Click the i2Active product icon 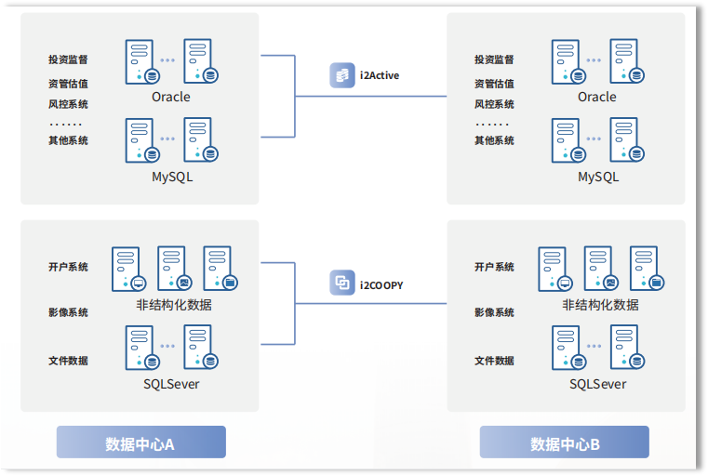click(341, 75)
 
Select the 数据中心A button click(140, 443)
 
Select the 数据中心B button click(565, 443)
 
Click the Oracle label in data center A click(170, 97)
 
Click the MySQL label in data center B click(597, 177)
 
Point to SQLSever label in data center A click(171, 383)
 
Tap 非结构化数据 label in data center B click(600, 304)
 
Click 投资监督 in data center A click(68, 59)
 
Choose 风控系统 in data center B click(494, 104)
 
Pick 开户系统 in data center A click(68, 267)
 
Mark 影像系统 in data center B click(494, 312)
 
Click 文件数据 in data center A click(68, 361)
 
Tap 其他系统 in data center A click(68, 140)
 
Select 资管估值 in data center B click(494, 83)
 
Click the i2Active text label click(379, 75)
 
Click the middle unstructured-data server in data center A click(172, 269)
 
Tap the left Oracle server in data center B click(567, 61)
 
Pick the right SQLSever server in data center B click(626, 348)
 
